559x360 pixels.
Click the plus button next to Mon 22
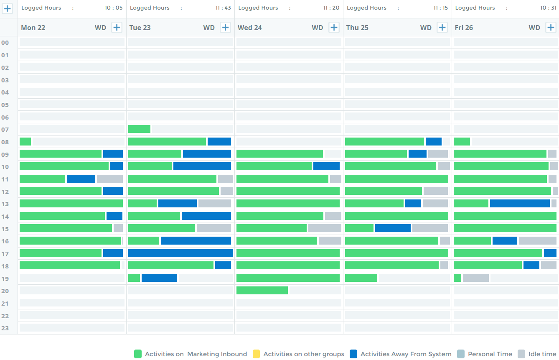click(x=117, y=28)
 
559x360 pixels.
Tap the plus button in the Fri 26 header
click(x=551, y=28)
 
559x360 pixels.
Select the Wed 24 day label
click(x=250, y=28)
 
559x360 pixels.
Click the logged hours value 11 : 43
click(x=223, y=8)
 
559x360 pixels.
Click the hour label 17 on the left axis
click(x=5, y=254)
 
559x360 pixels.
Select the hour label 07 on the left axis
click(x=5, y=130)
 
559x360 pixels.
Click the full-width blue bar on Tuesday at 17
click(x=180, y=253)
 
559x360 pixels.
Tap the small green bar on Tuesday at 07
click(x=139, y=129)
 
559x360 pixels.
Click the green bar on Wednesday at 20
click(x=262, y=291)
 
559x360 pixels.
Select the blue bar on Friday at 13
click(x=519, y=204)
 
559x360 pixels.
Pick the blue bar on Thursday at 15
click(x=393, y=228)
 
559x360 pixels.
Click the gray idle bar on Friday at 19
click(x=475, y=278)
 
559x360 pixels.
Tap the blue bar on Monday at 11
click(x=81, y=179)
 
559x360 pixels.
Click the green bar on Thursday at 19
click(x=361, y=278)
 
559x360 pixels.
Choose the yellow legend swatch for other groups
click(x=257, y=354)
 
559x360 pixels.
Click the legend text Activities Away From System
click(x=406, y=354)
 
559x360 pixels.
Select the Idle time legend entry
click(x=542, y=354)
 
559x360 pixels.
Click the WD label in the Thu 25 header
click(x=426, y=28)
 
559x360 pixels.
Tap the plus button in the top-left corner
click(x=8, y=8)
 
